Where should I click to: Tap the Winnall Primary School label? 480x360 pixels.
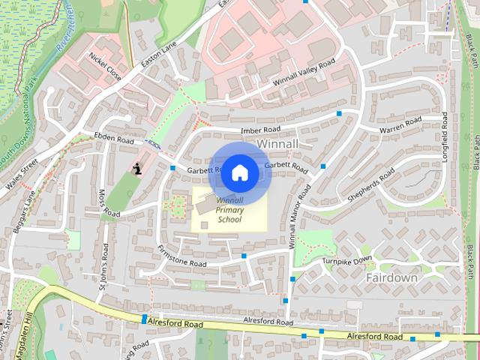click(x=229, y=210)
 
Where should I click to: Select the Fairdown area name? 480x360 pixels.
click(x=391, y=277)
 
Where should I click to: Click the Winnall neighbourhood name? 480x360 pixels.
click(x=278, y=142)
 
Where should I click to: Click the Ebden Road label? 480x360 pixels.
click(x=113, y=139)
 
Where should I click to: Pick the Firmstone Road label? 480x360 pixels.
click(x=181, y=256)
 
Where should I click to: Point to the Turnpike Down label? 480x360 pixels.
click(x=347, y=259)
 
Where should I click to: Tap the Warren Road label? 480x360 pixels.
click(x=400, y=125)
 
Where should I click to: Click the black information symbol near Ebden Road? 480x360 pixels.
click(x=137, y=169)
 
